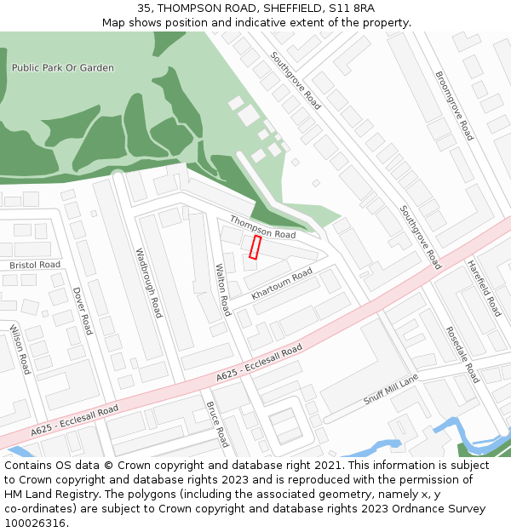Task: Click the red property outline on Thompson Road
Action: (255, 248)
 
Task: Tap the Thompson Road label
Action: (262, 227)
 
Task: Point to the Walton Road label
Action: (222, 289)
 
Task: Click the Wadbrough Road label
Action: (149, 283)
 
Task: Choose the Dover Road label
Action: (82, 310)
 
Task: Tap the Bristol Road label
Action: (35, 265)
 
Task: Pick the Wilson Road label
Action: (20, 349)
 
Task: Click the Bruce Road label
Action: (217, 424)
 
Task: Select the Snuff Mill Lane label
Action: (391, 388)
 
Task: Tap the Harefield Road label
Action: (483, 289)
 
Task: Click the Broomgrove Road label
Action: (454, 106)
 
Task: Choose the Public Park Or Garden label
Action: (63, 67)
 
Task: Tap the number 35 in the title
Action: (144, 9)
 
